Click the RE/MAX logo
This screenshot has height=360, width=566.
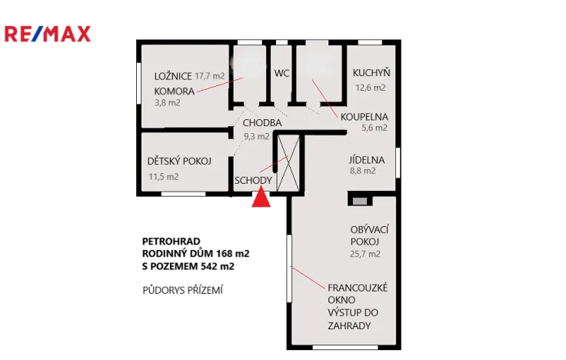click(x=48, y=33)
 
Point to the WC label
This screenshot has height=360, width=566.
click(x=281, y=73)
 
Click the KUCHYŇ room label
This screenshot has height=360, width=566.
click(x=371, y=73)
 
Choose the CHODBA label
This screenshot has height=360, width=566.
click(x=261, y=123)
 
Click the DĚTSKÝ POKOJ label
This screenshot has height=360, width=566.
click(x=179, y=162)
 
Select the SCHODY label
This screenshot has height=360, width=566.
click(x=253, y=181)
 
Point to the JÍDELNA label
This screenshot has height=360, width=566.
click(x=366, y=160)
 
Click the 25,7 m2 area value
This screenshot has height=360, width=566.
click(x=365, y=253)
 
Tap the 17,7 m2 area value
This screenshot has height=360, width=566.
click(x=210, y=75)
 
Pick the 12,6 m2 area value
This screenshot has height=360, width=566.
click(x=371, y=87)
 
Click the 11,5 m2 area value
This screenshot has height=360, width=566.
click(x=163, y=176)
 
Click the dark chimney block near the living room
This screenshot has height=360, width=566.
click(x=359, y=201)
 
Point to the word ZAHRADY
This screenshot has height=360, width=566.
click(x=350, y=325)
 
